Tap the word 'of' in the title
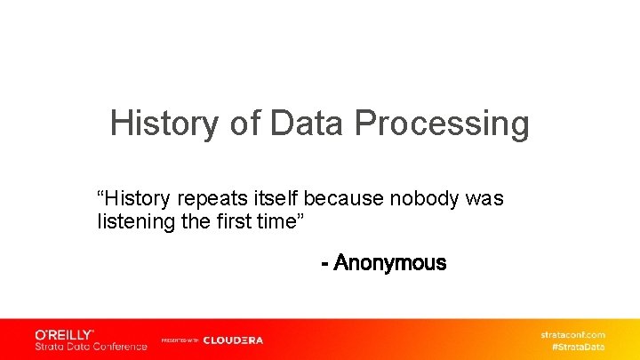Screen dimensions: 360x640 (245, 124)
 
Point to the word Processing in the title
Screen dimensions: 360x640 (442, 124)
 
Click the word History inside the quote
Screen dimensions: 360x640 (133, 198)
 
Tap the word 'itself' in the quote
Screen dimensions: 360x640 (266, 198)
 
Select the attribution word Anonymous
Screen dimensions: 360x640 (390, 263)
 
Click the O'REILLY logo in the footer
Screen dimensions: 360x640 (64, 334)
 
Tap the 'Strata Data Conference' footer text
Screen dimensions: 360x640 (91, 346)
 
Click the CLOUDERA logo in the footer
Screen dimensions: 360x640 (233, 340)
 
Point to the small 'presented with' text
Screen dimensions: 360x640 (180, 340)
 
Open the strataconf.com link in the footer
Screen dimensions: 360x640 (573, 334)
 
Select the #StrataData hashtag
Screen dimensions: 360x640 (579, 346)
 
